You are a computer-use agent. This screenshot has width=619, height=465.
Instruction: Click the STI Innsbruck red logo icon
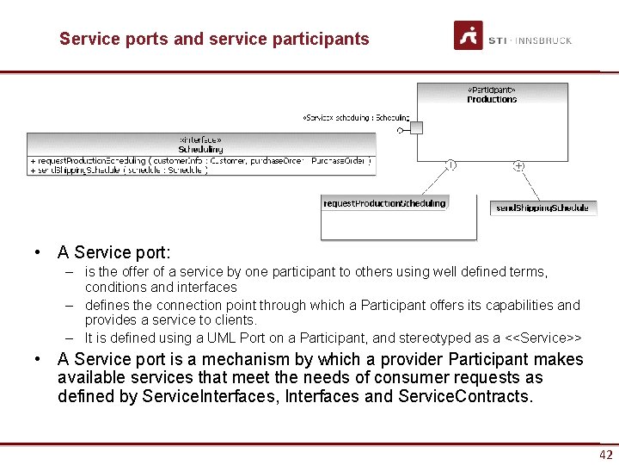468,35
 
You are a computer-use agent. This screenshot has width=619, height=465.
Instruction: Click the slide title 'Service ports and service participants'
214,39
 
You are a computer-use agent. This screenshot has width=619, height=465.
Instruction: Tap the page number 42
606,456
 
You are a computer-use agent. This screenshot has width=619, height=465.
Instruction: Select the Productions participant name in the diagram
492,100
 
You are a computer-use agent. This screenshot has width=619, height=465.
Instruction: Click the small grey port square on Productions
417,128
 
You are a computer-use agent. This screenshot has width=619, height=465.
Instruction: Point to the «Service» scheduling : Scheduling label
356,118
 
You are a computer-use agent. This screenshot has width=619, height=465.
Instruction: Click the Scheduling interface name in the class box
200,149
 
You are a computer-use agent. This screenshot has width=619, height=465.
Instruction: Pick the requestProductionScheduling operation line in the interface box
200,160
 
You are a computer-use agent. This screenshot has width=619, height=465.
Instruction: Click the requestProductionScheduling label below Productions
384,203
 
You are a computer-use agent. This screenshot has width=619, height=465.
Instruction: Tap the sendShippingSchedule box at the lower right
542,208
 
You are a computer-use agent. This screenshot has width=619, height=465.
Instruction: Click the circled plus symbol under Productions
518,165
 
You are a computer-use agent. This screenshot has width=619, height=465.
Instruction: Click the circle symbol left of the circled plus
450,164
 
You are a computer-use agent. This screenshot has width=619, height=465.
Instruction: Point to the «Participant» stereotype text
492,90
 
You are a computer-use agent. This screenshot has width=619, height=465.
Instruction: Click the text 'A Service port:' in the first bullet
114,253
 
